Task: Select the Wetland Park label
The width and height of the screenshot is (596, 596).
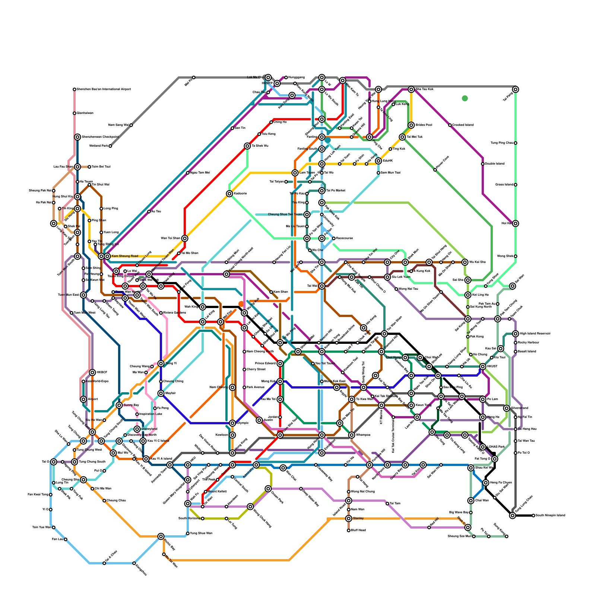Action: click(99, 146)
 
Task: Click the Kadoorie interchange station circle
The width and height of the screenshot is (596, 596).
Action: click(229, 194)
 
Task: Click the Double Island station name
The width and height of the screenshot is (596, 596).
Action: click(495, 164)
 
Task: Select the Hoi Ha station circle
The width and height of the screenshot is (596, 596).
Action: click(516, 223)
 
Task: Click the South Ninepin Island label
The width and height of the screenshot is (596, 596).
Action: click(551, 516)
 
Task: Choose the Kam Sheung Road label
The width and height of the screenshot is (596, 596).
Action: click(125, 256)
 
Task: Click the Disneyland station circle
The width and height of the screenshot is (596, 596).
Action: click(137, 429)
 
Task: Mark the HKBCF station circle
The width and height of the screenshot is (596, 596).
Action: click(92, 372)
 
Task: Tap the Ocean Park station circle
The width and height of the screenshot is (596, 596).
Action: click(268, 489)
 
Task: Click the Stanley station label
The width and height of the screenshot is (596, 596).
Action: click(358, 519)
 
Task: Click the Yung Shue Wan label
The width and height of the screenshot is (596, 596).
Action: click(201, 533)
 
